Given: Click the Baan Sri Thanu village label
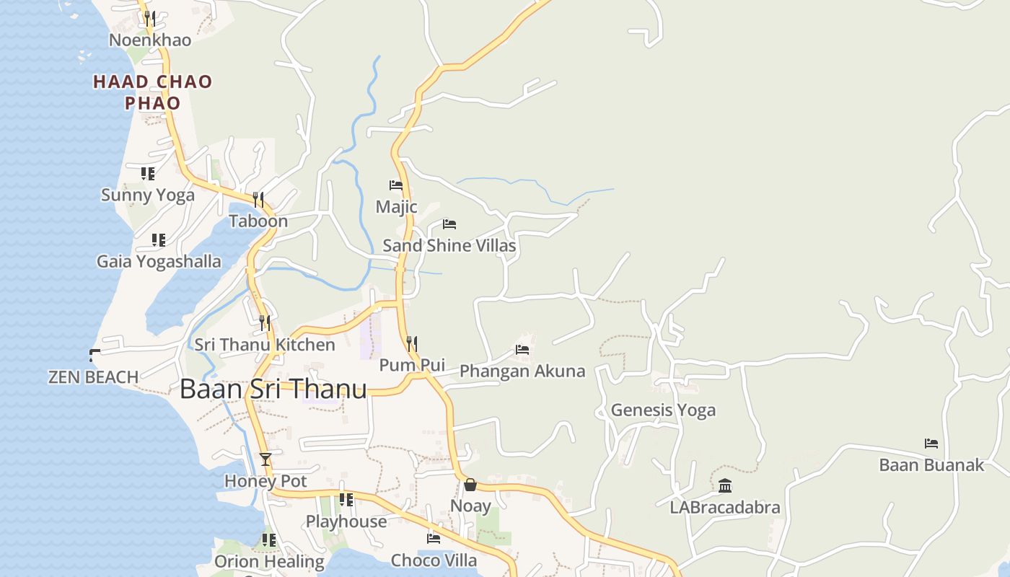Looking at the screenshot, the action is click(x=273, y=389).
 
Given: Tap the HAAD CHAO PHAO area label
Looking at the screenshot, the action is click(x=153, y=92).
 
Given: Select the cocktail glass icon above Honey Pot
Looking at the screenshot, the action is click(x=265, y=459).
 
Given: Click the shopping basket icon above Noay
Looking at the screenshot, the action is click(x=470, y=485).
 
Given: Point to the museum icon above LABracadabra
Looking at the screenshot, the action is click(x=725, y=486).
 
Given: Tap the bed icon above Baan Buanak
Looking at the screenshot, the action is click(x=931, y=444).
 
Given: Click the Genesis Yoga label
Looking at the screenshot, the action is click(x=663, y=410).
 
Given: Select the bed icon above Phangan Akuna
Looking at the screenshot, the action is click(x=522, y=350).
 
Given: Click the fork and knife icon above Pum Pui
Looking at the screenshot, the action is click(x=411, y=343).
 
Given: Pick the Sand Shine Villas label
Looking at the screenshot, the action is click(x=449, y=246).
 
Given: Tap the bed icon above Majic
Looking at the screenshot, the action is click(x=396, y=185).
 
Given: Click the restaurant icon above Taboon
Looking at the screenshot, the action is click(x=258, y=199).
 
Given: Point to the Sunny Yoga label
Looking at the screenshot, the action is click(x=148, y=195).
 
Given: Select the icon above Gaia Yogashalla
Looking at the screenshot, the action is click(x=159, y=239).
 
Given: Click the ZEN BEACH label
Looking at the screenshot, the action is click(x=93, y=377).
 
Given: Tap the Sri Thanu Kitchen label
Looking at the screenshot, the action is click(x=265, y=345).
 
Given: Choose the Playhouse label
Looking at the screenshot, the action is click(x=346, y=521).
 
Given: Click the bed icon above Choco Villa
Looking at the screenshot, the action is click(x=434, y=538).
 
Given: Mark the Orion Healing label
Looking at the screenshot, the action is click(x=269, y=561).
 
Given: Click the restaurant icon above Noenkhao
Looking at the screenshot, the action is click(x=150, y=18).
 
